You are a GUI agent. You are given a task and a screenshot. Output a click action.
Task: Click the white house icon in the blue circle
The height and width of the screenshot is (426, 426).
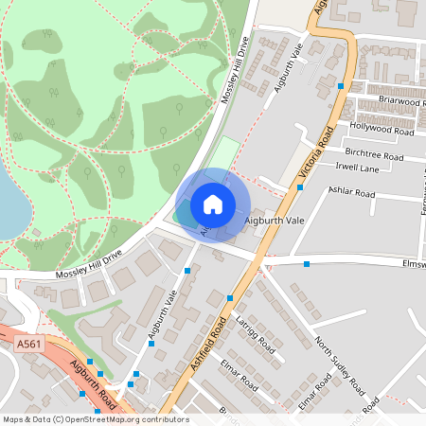tap(213, 204)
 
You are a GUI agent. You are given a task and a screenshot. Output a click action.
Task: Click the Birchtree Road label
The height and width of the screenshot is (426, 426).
tap(374, 153)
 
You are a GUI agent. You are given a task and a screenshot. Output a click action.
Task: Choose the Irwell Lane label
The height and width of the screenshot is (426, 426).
tap(355, 168)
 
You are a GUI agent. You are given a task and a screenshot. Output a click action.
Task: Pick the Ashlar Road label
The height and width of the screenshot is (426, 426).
tap(351, 193)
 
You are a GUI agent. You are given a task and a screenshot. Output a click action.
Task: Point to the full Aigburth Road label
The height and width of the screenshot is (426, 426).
tap(93, 382)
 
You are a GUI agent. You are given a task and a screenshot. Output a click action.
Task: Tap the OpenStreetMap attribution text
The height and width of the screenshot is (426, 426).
tap(95, 419)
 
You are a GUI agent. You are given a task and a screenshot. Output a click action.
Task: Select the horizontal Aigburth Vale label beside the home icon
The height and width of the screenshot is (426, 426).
tap(275, 220)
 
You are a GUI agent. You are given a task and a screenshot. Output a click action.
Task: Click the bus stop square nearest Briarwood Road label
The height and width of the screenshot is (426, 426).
tap(341, 86)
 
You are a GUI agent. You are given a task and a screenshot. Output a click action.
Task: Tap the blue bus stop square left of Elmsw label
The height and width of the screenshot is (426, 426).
tap(307, 264)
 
